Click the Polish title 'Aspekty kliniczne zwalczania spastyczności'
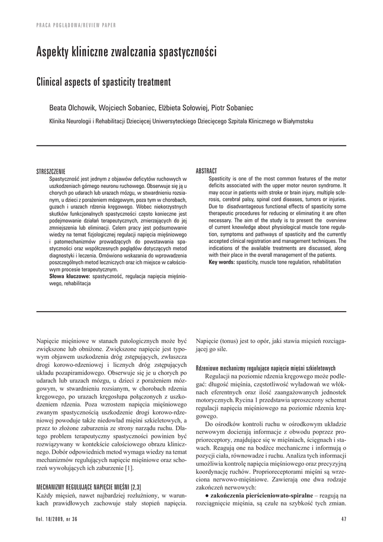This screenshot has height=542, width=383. click(126, 52)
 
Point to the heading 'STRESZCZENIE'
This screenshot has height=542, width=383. click(51, 171)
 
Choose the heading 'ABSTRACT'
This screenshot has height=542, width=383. click(207, 171)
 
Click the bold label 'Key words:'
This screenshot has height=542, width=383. click(222, 262)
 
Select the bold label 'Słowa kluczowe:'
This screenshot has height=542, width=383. click(70, 276)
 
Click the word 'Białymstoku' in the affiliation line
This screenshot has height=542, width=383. click(297, 121)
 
